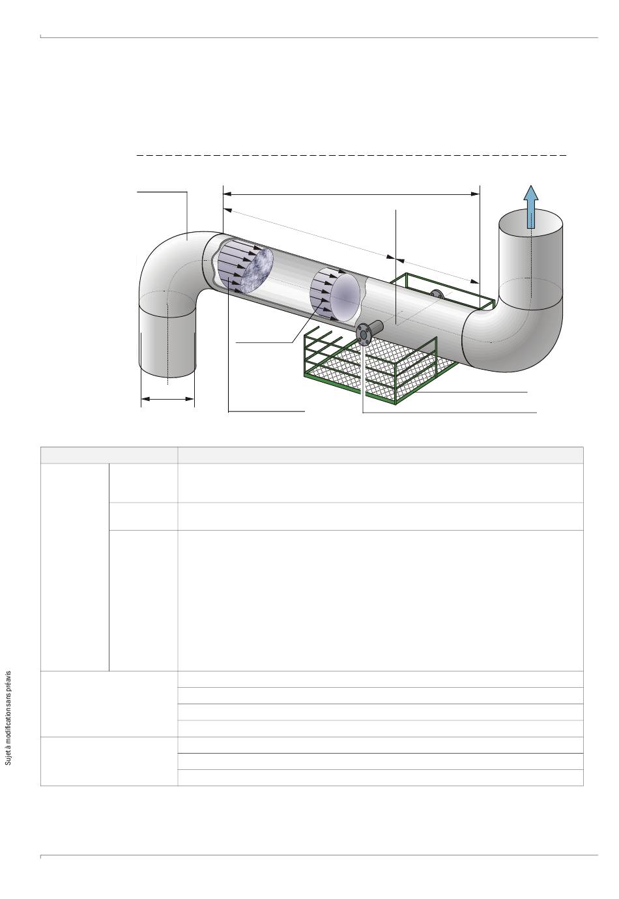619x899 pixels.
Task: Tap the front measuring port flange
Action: (363, 334)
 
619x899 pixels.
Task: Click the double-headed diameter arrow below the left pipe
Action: (167, 399)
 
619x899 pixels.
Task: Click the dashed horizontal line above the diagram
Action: (351, 155)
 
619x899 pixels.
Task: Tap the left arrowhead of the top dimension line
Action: (227, 194)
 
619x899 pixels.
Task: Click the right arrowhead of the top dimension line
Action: (476, 194)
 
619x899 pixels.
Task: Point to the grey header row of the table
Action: (311, 455)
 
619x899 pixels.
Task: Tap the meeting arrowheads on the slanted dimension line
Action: (396, 258)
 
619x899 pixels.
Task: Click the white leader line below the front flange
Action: (362, 378)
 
